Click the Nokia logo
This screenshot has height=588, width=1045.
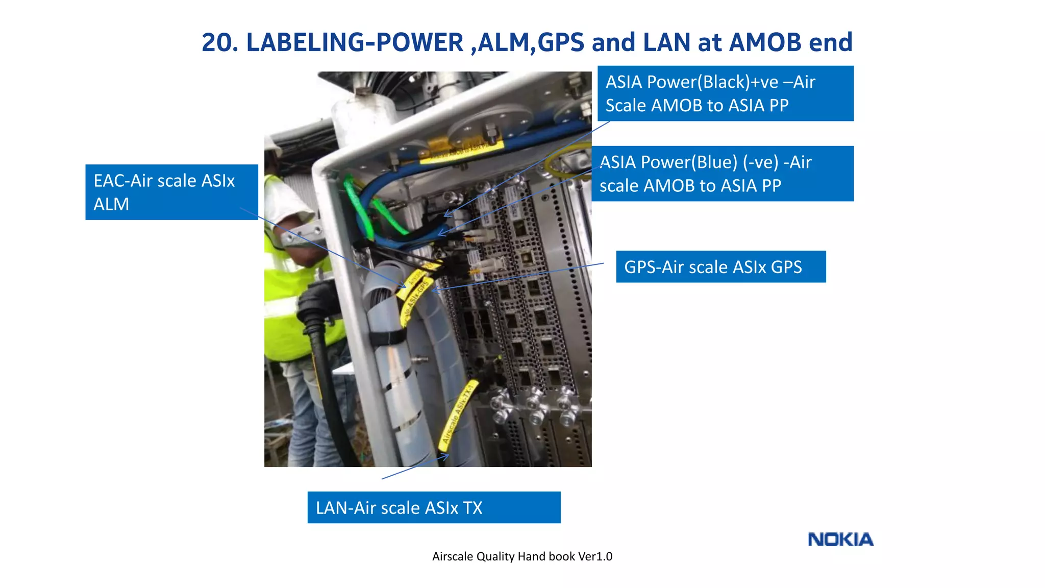[840, 540]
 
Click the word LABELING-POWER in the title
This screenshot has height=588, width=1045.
[355, 42]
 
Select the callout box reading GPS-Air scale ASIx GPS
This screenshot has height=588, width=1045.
[720, 266]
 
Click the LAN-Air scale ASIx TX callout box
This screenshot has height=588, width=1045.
[434, 507]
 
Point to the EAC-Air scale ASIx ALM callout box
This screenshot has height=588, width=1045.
[171, 192]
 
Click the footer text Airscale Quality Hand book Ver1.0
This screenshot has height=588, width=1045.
[522, 556]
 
